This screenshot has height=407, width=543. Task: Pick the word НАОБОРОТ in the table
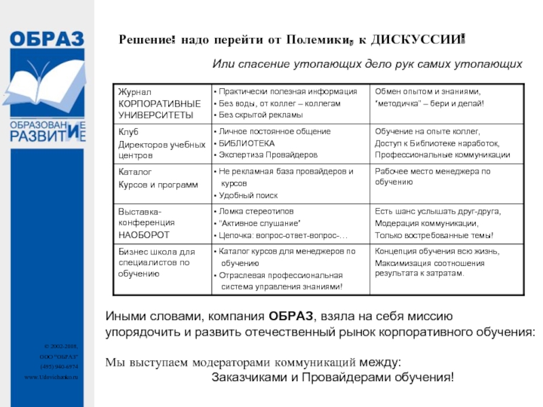[x=144, y=235]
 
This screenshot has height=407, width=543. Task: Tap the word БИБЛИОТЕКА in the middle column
[x=247, y=143]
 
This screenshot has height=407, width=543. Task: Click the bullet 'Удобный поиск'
[x=248, y=195]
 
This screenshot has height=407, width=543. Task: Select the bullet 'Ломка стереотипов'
[x=255, y=212]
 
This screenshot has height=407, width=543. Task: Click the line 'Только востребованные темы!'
[x=434, y=235]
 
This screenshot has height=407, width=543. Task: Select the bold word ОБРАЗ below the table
[x=291, y=316]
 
